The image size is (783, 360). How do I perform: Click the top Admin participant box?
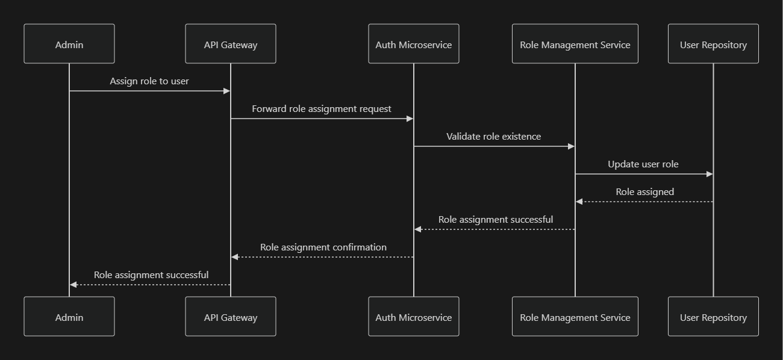pos(69,44)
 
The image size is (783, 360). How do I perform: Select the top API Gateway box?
pos(231,44)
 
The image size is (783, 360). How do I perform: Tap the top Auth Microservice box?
pos(414,44)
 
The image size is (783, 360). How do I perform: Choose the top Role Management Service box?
pos(575,44)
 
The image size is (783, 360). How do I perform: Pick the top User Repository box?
pos(713,44)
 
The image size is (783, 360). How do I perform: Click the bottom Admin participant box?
pos(69,317)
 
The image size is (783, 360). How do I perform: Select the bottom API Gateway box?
pos(231,317)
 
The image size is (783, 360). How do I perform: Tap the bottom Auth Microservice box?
pos(414,317)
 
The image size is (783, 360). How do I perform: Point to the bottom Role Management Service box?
pos(575,317)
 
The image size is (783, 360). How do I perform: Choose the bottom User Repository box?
pos(713,317)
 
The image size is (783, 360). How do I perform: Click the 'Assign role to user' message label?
pos(149,81)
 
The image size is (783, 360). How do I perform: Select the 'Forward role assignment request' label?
pos(322,109)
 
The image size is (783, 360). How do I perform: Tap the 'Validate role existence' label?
pos(494,137)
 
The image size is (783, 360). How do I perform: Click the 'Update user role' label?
pos(643,164)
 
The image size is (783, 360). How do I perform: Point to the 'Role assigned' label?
pos(644,192)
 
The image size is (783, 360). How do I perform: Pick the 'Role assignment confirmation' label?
pos(323,247)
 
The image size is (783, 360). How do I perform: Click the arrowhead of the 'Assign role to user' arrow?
pos(227,91)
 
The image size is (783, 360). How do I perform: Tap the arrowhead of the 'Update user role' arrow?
pos(710,174)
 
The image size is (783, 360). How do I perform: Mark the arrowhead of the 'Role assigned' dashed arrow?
pos(579,202)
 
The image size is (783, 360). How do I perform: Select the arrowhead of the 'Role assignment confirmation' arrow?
pos(235,257)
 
